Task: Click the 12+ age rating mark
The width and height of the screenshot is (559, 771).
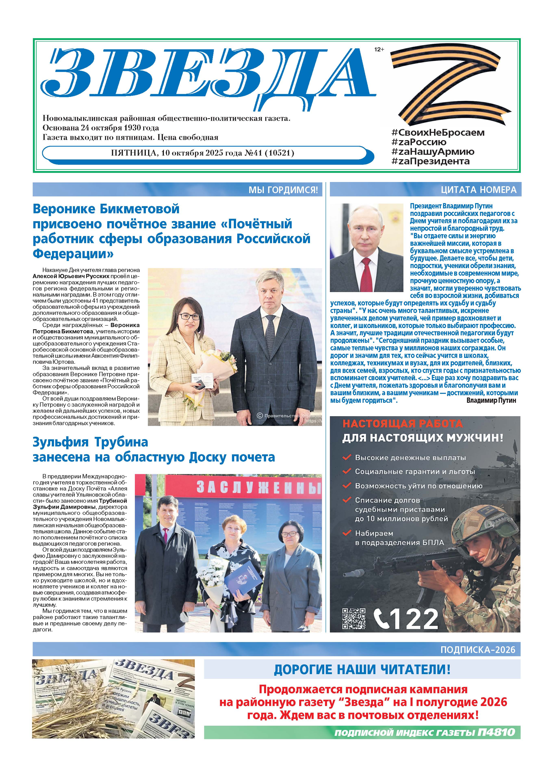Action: [x=379, y=50]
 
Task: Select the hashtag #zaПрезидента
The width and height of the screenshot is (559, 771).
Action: [x=430, y=161]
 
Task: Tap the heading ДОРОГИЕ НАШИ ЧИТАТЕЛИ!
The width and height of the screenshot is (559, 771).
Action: [x=362, y=670]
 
